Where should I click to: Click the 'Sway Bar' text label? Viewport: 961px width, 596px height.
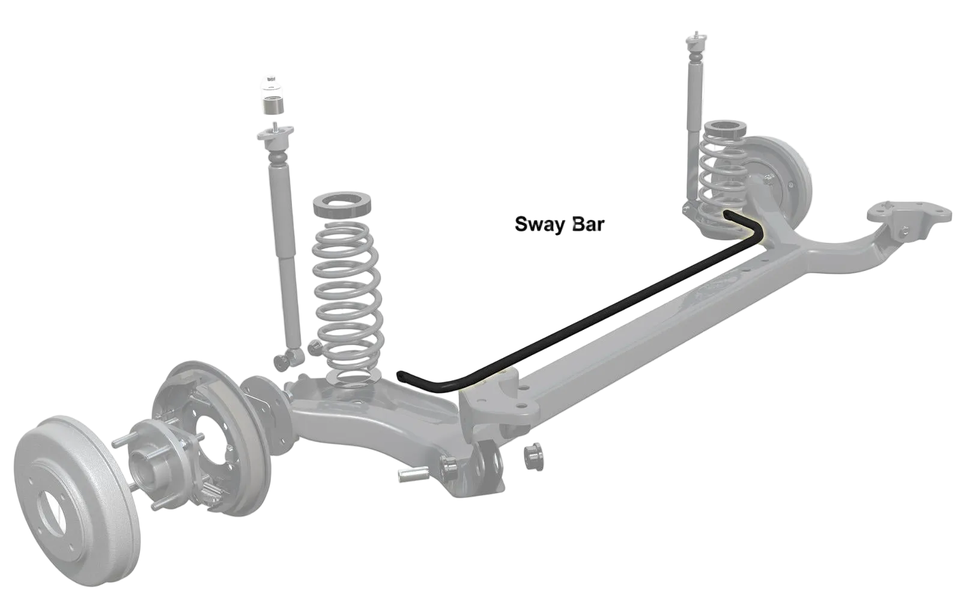560,225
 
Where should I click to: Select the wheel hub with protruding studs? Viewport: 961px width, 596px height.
150,457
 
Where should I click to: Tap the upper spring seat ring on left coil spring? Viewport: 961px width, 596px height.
344,205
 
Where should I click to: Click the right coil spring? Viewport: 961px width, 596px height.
720,174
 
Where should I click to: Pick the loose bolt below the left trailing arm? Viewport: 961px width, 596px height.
412,475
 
